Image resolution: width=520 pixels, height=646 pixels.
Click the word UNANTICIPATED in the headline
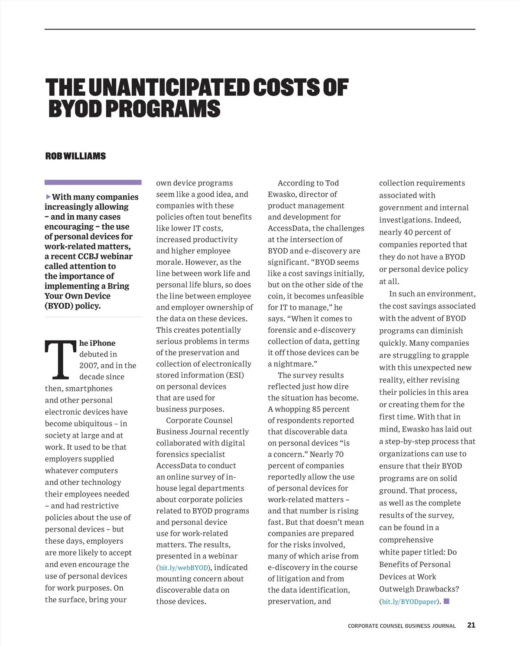pyautogui.click(x=169, y=88)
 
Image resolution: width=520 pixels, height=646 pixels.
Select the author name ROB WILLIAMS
pyautogui.click(x=75, y=156)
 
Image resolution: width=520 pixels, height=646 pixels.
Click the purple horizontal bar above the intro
pyautogui.click(x=93, y=182)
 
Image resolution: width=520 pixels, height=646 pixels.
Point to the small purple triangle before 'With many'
pyautogui.click(x=48, y=197)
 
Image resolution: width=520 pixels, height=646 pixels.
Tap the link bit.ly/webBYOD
pyautogui.click(x=184, y=568)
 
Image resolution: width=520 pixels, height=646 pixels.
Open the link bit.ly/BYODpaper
pyautogui.click(x=409, y=601)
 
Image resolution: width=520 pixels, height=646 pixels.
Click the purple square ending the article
pyautogui.click(x=447, y=601)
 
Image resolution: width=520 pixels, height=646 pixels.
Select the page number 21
pyautogui.click(x=471, y=625)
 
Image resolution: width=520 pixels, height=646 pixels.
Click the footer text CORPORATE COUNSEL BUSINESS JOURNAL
pyautogui.click(x=402, y=626)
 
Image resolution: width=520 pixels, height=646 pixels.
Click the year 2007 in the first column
pyautogui.click(x=88, y=366)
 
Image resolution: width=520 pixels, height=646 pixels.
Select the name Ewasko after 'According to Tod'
pyautogui.click(x=282, y=195)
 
